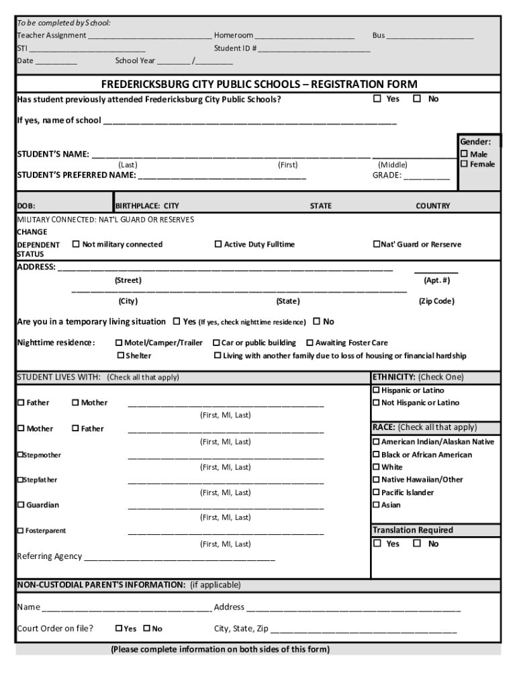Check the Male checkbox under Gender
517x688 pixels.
464,155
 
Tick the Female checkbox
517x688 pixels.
464,165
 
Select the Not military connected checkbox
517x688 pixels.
76,245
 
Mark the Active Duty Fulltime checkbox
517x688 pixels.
218,245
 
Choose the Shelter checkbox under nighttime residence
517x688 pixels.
121,355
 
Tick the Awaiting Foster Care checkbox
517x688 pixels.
310,343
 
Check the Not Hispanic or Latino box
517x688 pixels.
377,403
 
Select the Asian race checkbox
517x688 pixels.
377,505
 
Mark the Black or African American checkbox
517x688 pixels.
377,455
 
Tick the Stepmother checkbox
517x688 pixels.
20,455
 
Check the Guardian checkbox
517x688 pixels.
21,505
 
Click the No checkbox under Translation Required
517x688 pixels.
417,544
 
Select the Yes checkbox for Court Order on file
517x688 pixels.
119,629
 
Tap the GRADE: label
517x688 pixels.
387,176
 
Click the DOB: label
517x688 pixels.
26,206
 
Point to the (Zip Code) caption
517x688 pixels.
436,301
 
